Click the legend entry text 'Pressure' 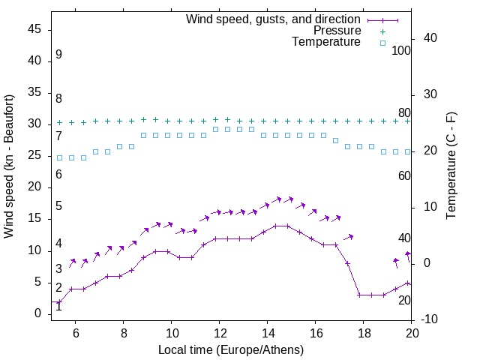tap(337, 31)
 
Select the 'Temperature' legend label tap(326, 42)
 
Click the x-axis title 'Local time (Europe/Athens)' tap(232, 349)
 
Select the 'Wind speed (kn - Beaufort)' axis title tap(9, 166)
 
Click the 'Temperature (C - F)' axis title tap(451, 166)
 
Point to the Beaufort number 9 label tap(58, 55)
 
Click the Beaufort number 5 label tap(58, 206)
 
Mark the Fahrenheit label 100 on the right tap(401, 50)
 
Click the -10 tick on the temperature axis tap(430, 319)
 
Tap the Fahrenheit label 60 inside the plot tap(404, 175)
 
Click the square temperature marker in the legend tap(382, 43)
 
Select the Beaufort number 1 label tap(58, 306)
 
